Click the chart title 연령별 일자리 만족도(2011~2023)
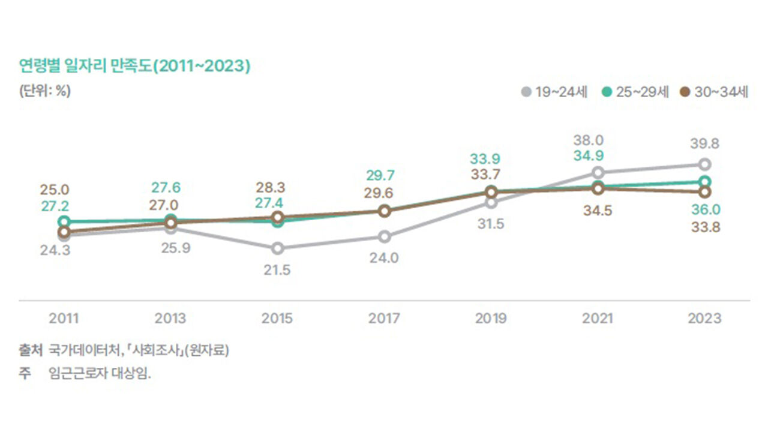tap(134, 66)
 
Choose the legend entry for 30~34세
tap(714, 92)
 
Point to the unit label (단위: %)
tap(45, 92)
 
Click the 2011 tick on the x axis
tap(64, 318)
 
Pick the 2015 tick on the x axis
tap(277, 318)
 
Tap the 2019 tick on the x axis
tap(491, 318)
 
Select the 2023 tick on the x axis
tap(705, 318)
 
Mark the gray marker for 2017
tap(384, 236)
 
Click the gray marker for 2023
tap(705, 164)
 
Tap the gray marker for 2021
tap(598, 173)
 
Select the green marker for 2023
tap(705, 182)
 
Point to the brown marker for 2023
tap(705, 191)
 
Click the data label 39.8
tap(705, 144)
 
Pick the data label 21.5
tap(277, 270)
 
